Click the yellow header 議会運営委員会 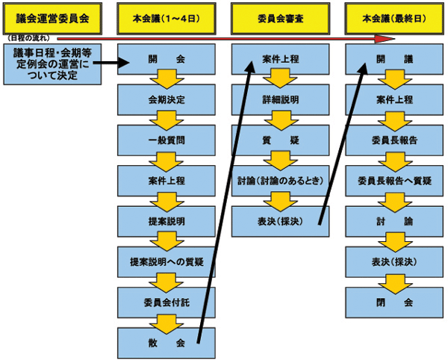point(52,16)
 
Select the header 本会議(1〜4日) point(167,16)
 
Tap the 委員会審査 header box point(281,16)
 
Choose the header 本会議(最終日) point(394,16)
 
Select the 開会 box point(167,58)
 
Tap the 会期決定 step point(167,99)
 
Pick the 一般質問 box point(167,140)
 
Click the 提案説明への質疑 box point(167,262)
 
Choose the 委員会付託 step point(167,302)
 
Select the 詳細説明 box point(281,99)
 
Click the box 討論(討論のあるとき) point(281,181)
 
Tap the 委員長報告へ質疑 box point(394,181)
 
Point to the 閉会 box point(394,302)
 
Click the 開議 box point(394,58)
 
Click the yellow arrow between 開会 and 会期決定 point(167,79)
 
